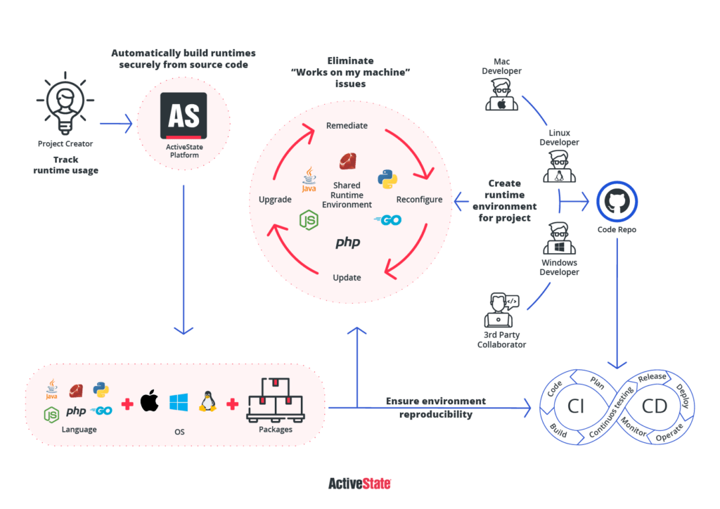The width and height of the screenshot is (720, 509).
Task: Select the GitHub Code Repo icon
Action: (x=617, y=202)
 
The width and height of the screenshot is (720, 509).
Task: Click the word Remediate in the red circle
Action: (x=347, y=126)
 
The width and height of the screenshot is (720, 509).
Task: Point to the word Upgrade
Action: (x=275, y=200)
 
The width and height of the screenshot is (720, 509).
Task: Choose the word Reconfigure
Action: (x=419, y=200)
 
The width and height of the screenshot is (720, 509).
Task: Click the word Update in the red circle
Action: (x=347, y=278)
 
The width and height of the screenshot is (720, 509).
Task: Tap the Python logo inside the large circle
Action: (x=387, y=179)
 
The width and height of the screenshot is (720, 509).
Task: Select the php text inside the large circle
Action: (x=347, y=243)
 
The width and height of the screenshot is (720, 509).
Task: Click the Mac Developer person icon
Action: (x=501, y=95)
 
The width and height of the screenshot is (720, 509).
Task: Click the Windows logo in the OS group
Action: (x=179, y=402)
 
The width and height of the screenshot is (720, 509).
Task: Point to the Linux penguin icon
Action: (x=207, y=401)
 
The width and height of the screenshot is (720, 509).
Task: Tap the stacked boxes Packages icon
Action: (x=275, y=399)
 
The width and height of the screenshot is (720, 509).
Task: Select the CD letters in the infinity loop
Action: (x=654, y=406)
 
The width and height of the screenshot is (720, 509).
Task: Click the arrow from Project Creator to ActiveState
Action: (x=116, y=124)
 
